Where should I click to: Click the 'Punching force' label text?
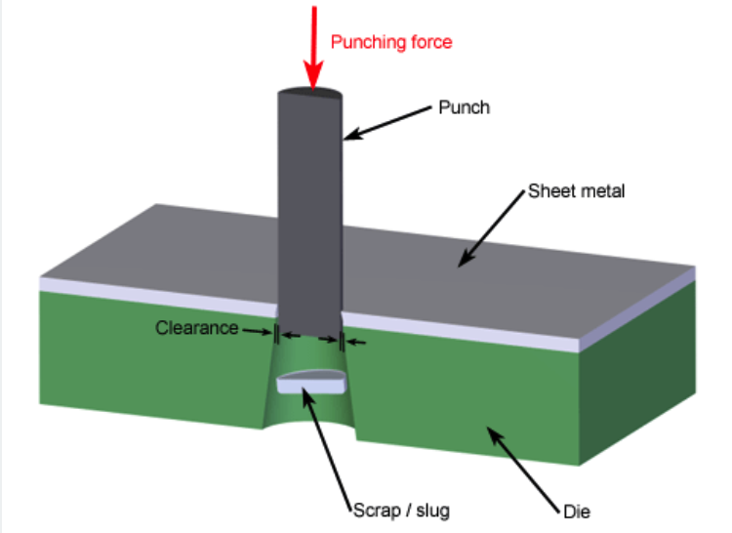[x=391, y=42]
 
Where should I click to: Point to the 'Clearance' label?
[x=196, y=328]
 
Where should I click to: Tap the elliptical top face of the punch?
[x=310, y=96]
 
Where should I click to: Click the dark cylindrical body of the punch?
[x=310, y=215]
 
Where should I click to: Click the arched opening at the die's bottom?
[x=310, y=429]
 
